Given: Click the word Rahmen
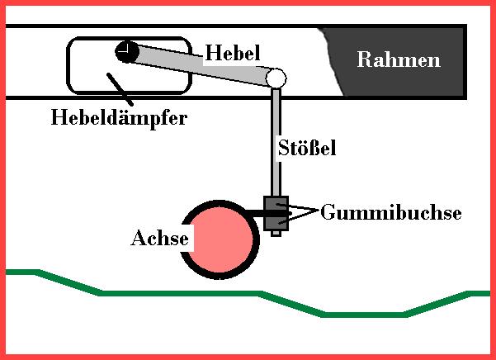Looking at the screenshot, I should point(399,60).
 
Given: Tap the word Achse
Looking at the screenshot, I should point(160,239).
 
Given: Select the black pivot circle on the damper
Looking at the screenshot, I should point(126,52).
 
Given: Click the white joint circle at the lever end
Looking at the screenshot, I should point(276,78).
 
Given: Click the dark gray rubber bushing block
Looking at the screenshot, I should point(276,211).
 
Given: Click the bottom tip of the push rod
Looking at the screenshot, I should point(276,234).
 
